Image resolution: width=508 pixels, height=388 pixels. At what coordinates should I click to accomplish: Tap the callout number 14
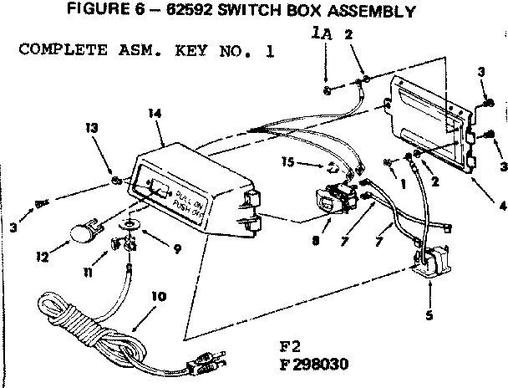(x=154, y=112)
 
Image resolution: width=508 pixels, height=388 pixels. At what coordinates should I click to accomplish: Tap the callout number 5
(x=429, y=317)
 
